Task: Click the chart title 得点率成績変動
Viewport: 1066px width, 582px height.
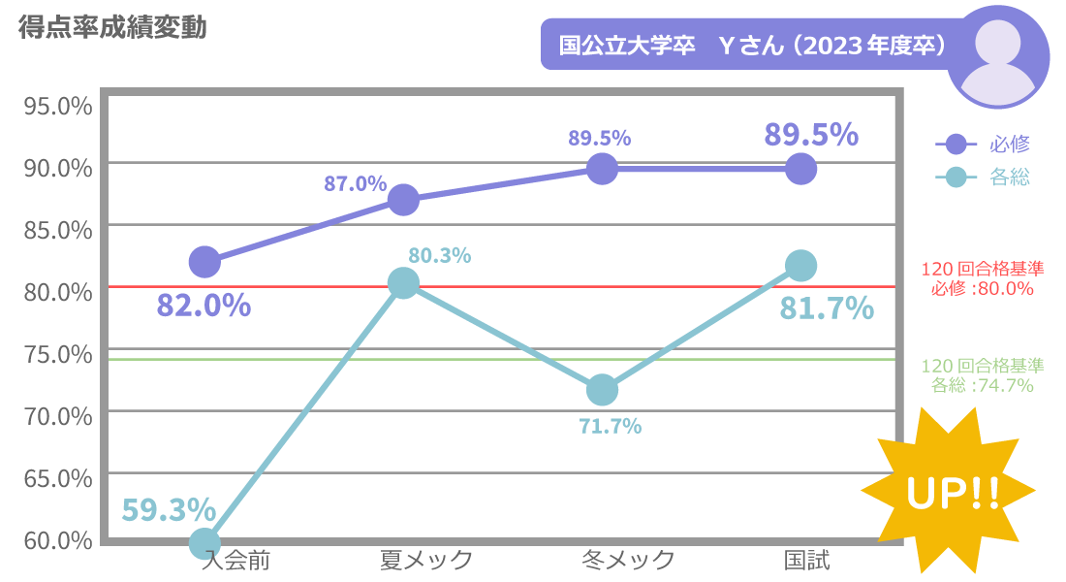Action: tap(112, 28)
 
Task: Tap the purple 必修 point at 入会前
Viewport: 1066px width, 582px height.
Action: tap(204, 261)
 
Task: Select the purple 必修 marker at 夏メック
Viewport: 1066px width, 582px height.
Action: tap(403, 200)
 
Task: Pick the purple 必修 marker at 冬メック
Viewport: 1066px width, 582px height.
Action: tap(602, 169)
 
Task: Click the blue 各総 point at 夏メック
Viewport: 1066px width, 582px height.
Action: tap(403, 283)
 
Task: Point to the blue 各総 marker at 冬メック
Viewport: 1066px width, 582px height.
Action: tap(602, 390)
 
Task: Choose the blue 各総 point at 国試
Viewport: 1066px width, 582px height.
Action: tap(800, 265)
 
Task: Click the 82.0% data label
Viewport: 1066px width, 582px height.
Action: tap(204, 306)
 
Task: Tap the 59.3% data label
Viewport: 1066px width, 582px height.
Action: tap(169, 508)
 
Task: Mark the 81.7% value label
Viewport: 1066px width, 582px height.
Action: tap(827, 308)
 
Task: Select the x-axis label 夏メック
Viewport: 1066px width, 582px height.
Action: tap(426, 560)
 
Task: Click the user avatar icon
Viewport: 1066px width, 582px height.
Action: tap(997, 56)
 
